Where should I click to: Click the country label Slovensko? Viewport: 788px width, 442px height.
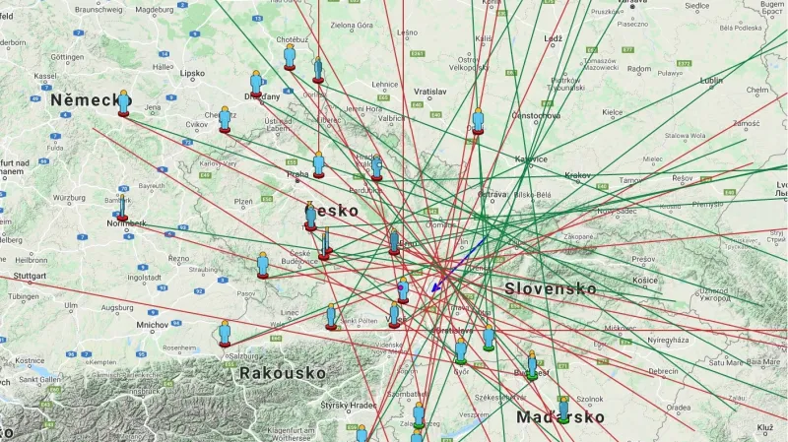coord(551,288)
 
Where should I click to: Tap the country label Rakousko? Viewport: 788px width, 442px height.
coord(282,373)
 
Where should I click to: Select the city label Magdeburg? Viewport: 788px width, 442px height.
coord(153,9)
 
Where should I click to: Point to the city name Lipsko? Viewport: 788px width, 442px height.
coord(192,73)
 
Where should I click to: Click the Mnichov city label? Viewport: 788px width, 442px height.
coord(153,324)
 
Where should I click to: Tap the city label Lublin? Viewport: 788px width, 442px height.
coord(710,80)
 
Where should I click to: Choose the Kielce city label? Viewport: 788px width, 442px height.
coord(613,112)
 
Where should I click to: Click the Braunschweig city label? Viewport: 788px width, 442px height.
coord(98,9)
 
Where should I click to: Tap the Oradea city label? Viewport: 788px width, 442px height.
coord(678,407)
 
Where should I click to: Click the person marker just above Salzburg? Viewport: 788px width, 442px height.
coord(225,333)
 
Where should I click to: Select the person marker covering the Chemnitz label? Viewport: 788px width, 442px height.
coord(225,119)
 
